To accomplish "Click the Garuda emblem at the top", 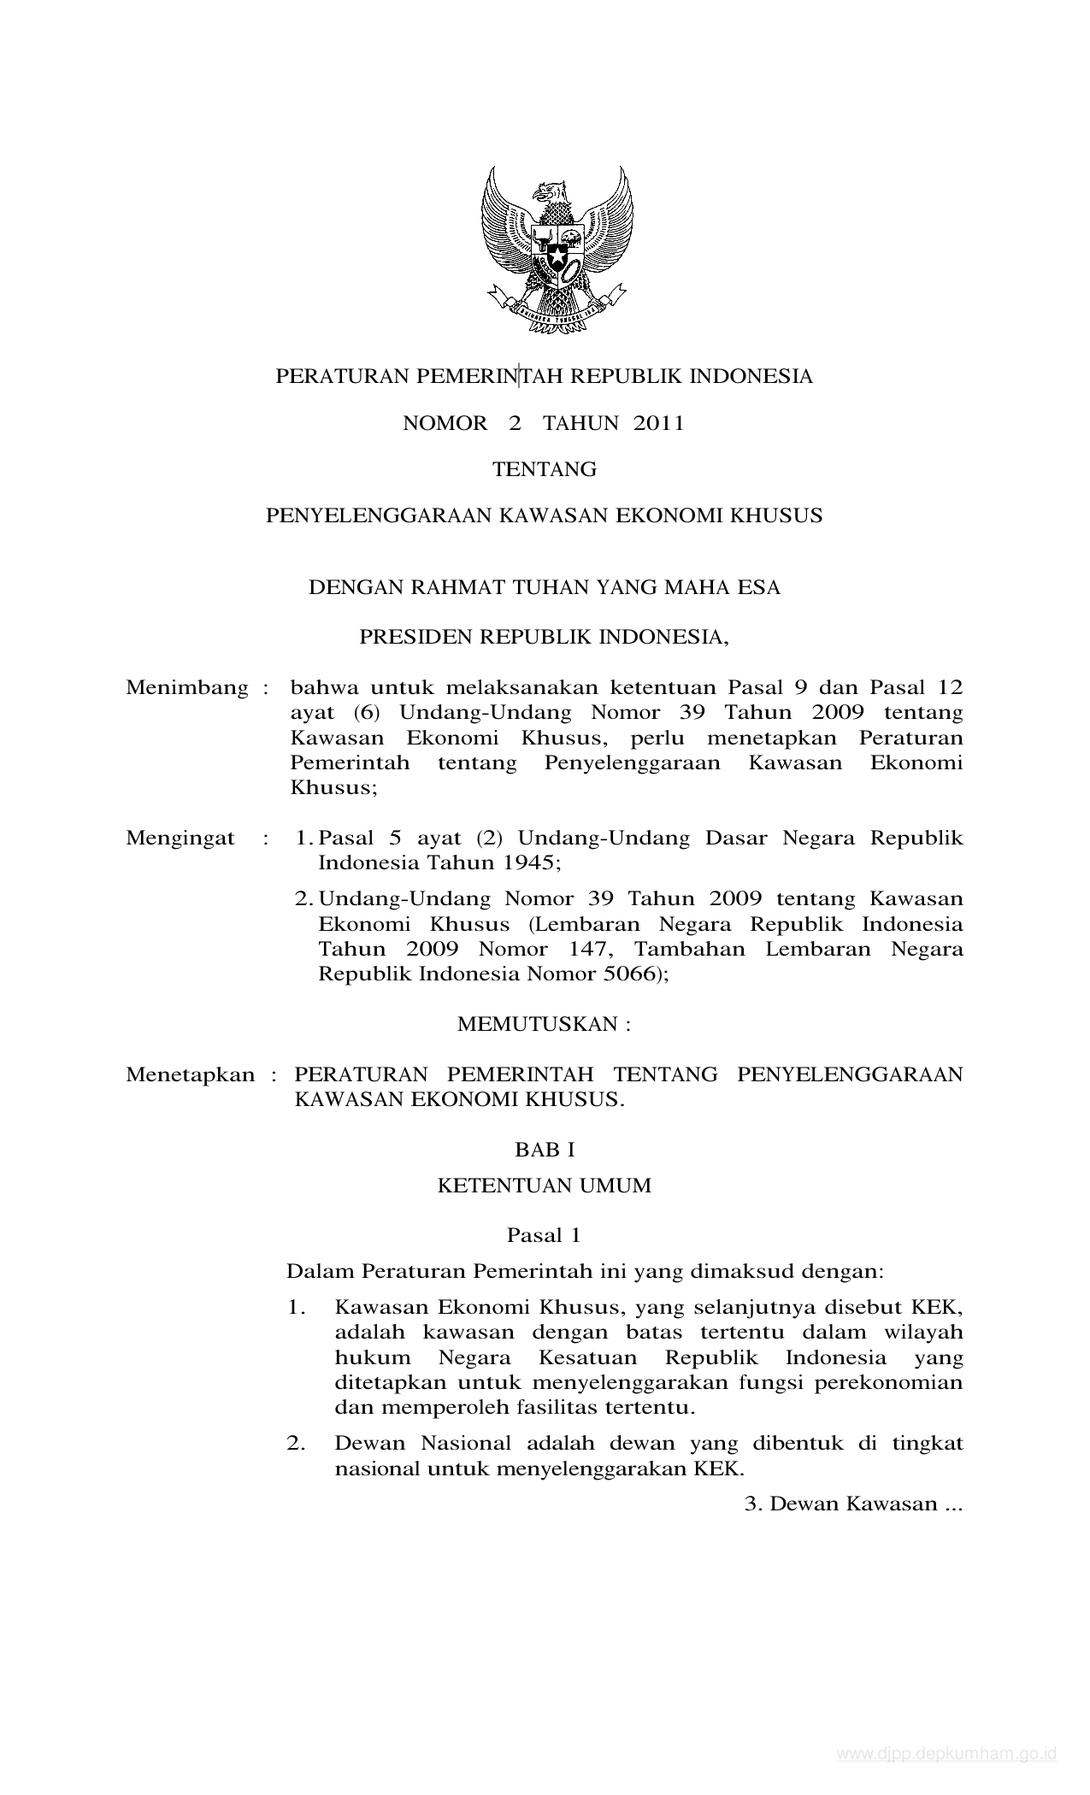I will click(x=557, y=249).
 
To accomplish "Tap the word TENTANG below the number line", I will click(x=544, y=469).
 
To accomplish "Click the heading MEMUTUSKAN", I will click(x=544, y=1024).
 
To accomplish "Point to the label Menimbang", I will click(x=186, y=688).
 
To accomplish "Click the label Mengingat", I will click(x=180, y=838).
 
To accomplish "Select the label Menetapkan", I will click(x=190, y=1074).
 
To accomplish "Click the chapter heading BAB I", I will click(x=544, y=1150).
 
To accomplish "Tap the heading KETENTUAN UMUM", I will click(x=544, y=1186).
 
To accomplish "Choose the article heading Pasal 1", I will click(x=544, y=1235).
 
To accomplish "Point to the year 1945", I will click(x=527, y=862).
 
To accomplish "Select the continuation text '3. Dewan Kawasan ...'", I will click(x=853, y=1504).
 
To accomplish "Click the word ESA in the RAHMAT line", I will click(x=759, y=588).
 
